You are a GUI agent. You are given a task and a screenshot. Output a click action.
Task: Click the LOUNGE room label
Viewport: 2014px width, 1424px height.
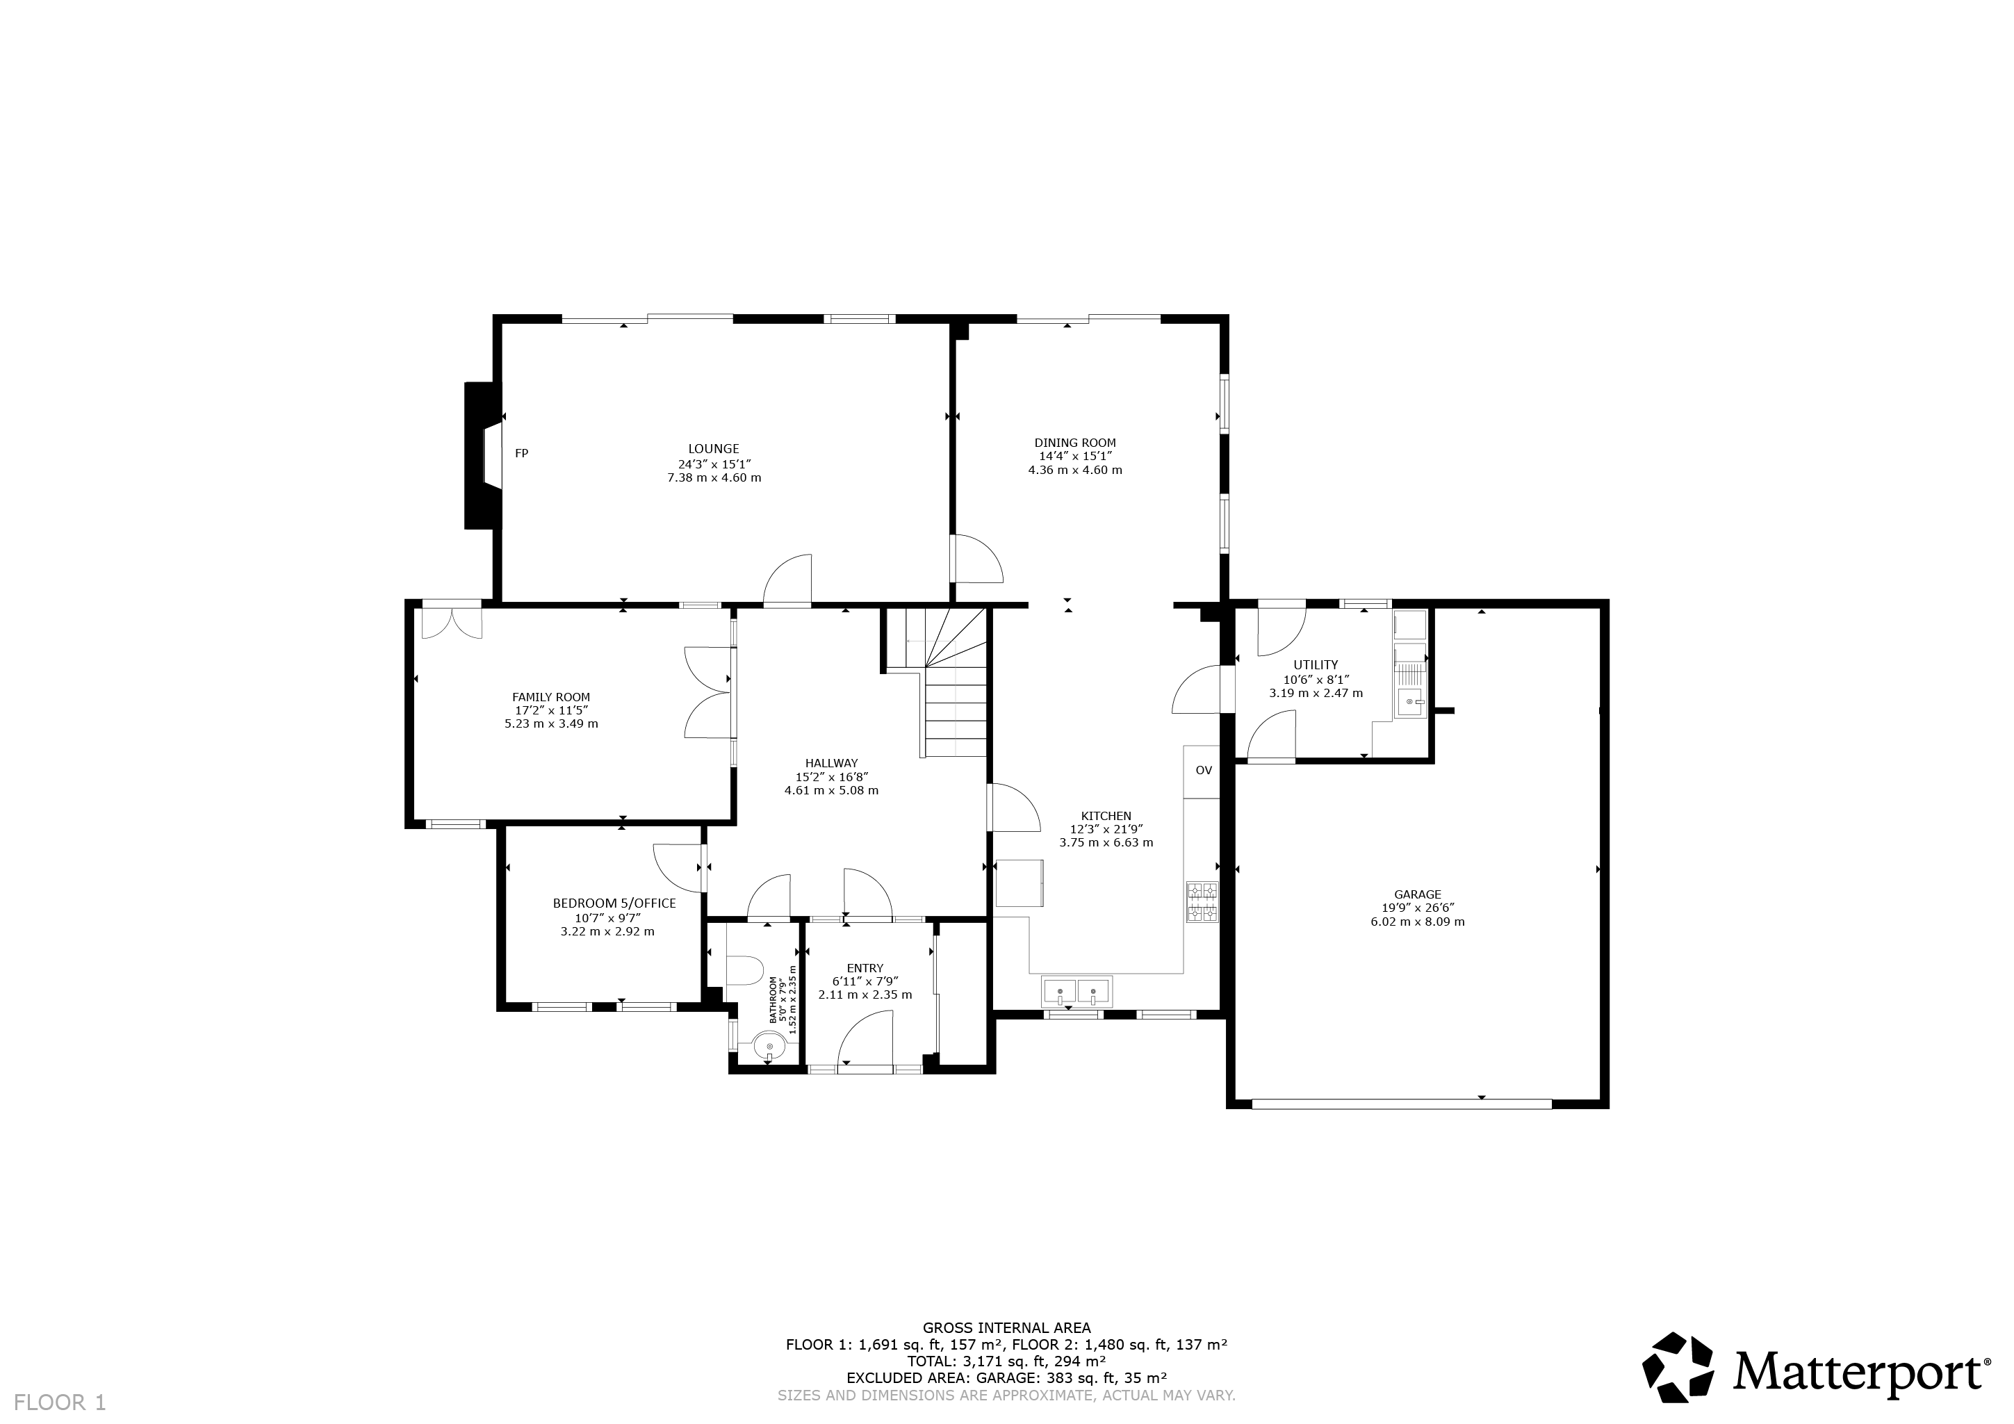[x=713, y=449]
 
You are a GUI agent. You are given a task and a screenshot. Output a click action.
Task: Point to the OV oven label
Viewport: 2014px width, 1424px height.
[x=1204, y=770]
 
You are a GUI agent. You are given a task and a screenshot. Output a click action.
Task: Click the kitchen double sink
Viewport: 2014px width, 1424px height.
[x=1076, y=992]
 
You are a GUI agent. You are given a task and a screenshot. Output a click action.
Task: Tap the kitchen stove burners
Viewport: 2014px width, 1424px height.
[x=1202, y=902]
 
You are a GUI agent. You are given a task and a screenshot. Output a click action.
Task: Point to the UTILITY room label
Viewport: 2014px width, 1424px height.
[x=1316, y=665]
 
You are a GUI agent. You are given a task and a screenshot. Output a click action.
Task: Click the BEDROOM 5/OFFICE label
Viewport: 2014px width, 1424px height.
[x=614, y=903]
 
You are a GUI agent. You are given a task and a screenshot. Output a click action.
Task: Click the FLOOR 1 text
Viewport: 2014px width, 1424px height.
[x=60, y=1402]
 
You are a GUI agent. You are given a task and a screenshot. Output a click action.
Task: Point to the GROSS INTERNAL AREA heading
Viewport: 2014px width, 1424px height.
[x=1006, y=1327]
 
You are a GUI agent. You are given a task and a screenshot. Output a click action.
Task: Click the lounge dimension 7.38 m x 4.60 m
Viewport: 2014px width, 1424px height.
[x=714, y=478]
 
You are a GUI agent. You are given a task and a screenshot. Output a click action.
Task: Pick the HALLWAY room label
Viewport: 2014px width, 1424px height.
[x=832, y=763]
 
